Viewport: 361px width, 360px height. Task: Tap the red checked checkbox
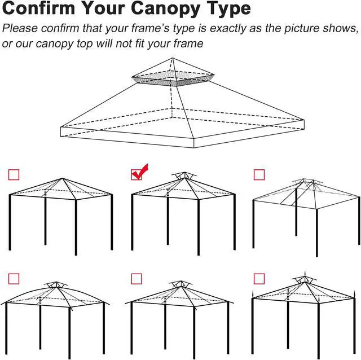tap(137, 174)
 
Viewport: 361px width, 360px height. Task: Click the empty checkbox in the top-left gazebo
tap(14, 175)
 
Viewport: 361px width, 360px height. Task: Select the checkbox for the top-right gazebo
tap(259, 175)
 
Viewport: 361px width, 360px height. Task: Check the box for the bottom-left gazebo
tap(14, 278)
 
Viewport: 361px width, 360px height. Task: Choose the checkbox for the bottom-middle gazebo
tap(137, 278)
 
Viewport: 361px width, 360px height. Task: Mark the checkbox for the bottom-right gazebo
tap(259, 278)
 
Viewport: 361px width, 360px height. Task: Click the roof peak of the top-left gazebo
tap(61, 179)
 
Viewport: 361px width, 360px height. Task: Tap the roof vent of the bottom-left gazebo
tap(55, 285)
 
